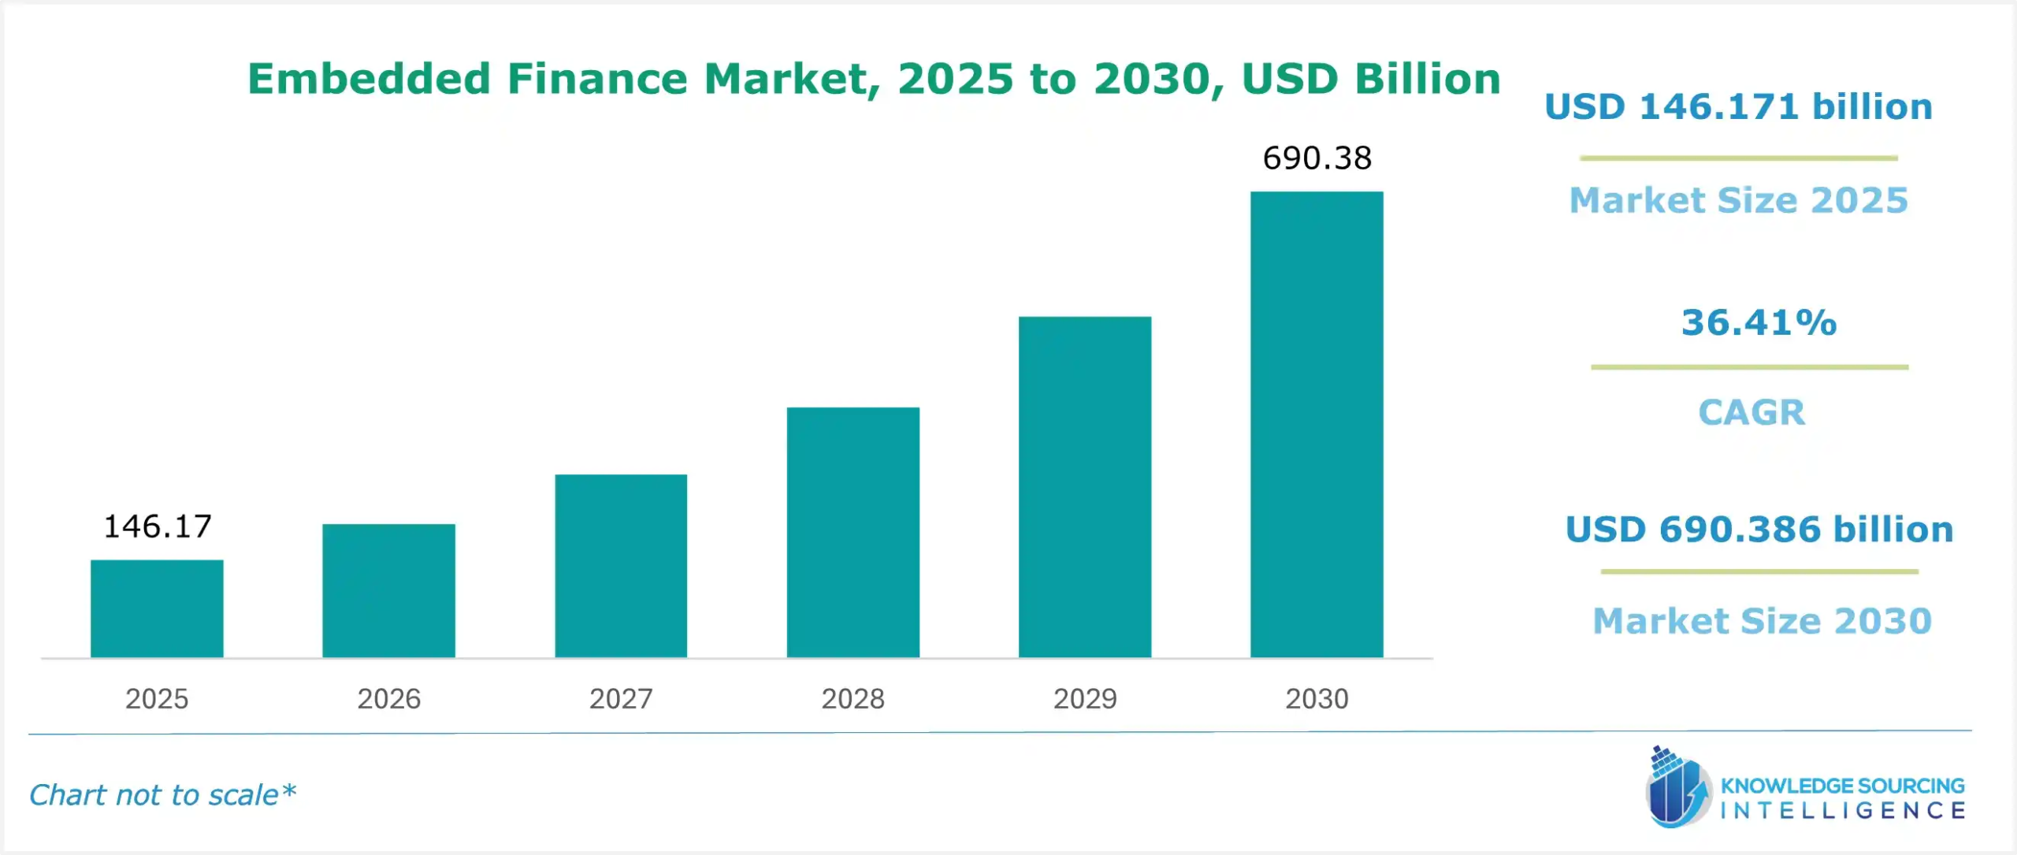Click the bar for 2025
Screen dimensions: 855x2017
point(157,608)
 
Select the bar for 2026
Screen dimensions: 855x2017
point(388,590)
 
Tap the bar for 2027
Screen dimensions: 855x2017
point(621,566)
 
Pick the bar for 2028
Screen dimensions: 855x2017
point(852,532)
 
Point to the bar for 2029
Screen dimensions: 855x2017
point(1085,487)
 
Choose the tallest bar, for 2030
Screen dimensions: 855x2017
point(1317,424)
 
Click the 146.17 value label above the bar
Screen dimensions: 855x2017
point(158,526)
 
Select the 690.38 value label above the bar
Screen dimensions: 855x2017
point(1317,158)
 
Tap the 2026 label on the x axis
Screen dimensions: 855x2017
point(388,699)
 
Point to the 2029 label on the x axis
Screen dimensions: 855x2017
point(1085,699)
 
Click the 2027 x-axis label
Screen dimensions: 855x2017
point(621,699)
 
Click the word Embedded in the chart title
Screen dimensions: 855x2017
point(369,79)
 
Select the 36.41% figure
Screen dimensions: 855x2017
point(1759,322)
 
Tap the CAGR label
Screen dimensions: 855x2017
point(1751,412)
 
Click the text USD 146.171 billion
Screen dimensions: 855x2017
point(1738,107)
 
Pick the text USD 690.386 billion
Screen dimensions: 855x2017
point(1759,530)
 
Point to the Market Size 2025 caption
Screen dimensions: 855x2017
point(1738,200)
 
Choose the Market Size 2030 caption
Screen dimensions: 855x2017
point(1762,621)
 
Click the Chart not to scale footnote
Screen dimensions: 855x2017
point(162,795)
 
